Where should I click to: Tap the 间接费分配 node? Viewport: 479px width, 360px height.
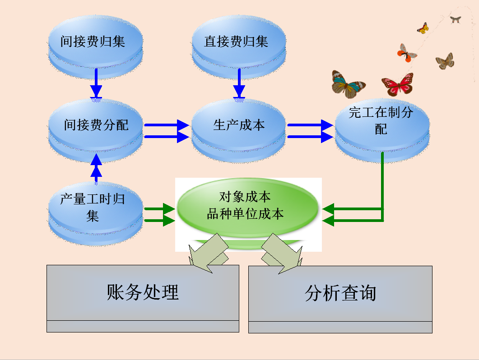pos(95,125)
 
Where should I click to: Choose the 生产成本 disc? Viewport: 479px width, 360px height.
pos(239,125)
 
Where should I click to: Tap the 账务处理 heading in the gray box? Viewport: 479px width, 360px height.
pos(143,292)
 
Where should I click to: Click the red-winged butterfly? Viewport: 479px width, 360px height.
pos(397,84)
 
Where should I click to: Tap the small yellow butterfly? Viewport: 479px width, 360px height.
pos(423,28)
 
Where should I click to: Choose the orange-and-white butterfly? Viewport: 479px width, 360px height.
pos(407,53)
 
